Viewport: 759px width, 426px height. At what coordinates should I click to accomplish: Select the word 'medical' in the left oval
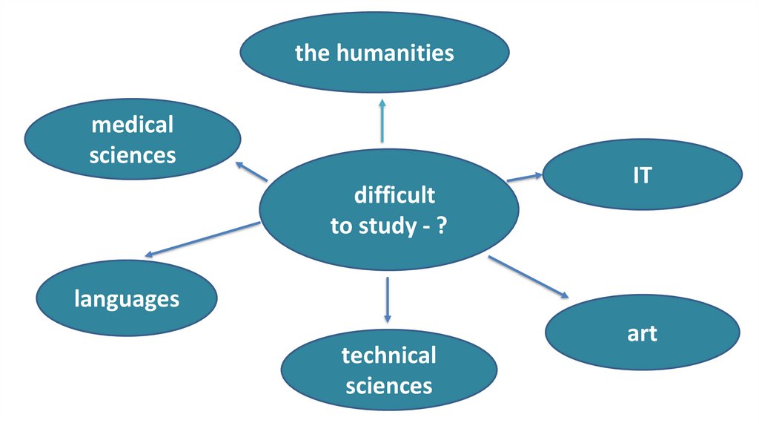pyautogui.click(x=132, y=125)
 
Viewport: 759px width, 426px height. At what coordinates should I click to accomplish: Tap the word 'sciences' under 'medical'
pyautogui.click(x=132, y=155)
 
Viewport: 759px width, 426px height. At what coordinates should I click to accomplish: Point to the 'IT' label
pyautogui.click(x=642, y=176)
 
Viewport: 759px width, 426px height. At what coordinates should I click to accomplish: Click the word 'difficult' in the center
pyautogui.click(x=394, y=196)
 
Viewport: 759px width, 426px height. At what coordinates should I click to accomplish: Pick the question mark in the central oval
pyautogui.click(x=440, y=226)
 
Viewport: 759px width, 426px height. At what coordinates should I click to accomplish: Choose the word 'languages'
pyautogui.click(x=127, y=299)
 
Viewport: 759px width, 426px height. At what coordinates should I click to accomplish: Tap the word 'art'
pyautogui.click(x=642, y=333)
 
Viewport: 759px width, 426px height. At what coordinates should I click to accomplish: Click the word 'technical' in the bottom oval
pyautogui.click(x=389, y=355)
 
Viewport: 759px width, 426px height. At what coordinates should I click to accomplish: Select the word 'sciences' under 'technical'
pyautogui.click(x=389, y=386)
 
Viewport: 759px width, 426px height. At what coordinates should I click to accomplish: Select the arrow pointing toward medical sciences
pyautogui.click(x=251, y=171)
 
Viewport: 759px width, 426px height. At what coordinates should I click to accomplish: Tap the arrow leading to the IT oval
pyautogui.click(x=525, y=177)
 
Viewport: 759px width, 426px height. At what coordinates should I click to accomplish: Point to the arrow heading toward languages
pyautogui.click(x=202, y=239)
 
